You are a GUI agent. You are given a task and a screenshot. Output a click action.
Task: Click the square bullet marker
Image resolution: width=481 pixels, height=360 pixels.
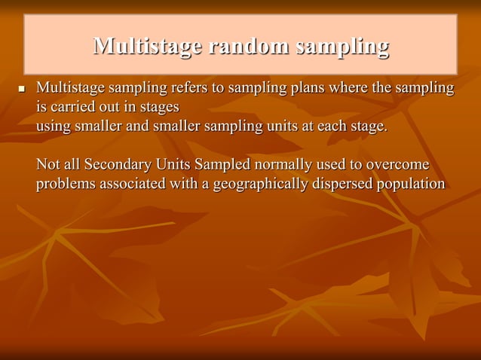(21, 90)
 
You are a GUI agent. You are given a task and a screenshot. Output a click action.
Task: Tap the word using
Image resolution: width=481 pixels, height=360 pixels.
(54, 126)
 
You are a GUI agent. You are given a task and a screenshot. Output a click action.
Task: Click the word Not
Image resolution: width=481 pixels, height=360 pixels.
(48, 164)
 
